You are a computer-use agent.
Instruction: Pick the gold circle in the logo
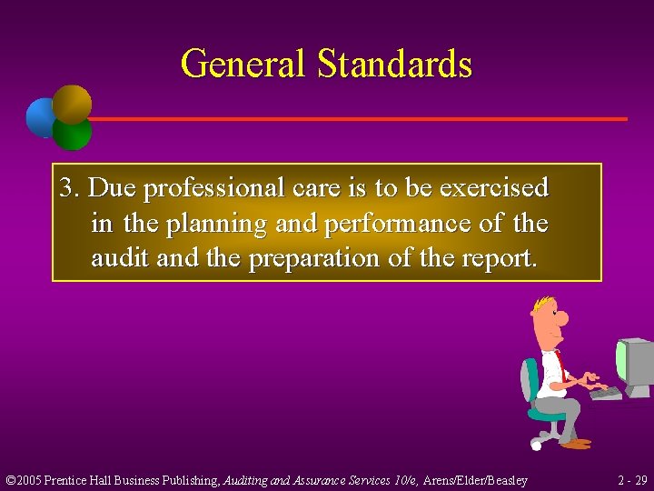pos(72,104)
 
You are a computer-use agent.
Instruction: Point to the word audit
pos(121,258)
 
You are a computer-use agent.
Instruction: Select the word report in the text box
pos(499,259)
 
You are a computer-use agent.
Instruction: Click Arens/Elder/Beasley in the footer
pos(475,479)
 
